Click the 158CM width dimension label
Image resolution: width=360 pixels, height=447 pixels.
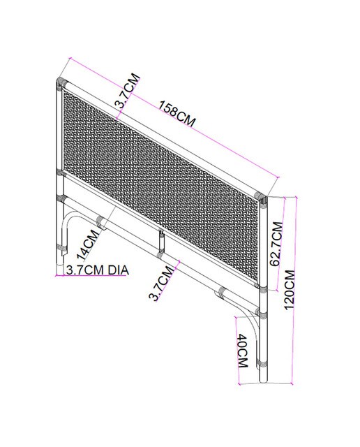[x=177, y=112]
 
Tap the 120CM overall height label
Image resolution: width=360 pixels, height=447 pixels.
[x=290, y=290]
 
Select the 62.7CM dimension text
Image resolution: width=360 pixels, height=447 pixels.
[x=276, y=244]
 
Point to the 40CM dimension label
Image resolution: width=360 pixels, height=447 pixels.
[x=243, y=351]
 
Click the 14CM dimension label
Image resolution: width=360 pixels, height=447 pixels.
[x=88, y=245]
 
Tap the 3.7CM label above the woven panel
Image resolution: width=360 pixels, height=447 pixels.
[x=127, y=90]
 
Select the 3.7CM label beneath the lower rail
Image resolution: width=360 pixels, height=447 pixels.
[x=161, y=283]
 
